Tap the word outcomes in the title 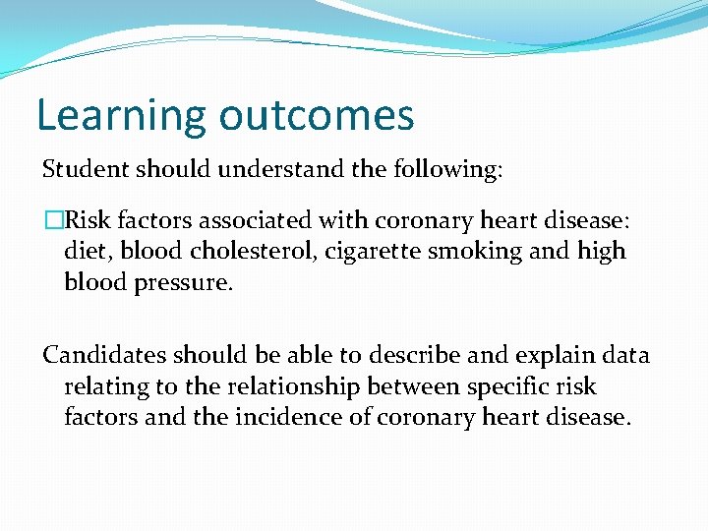(x=317, y=116)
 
